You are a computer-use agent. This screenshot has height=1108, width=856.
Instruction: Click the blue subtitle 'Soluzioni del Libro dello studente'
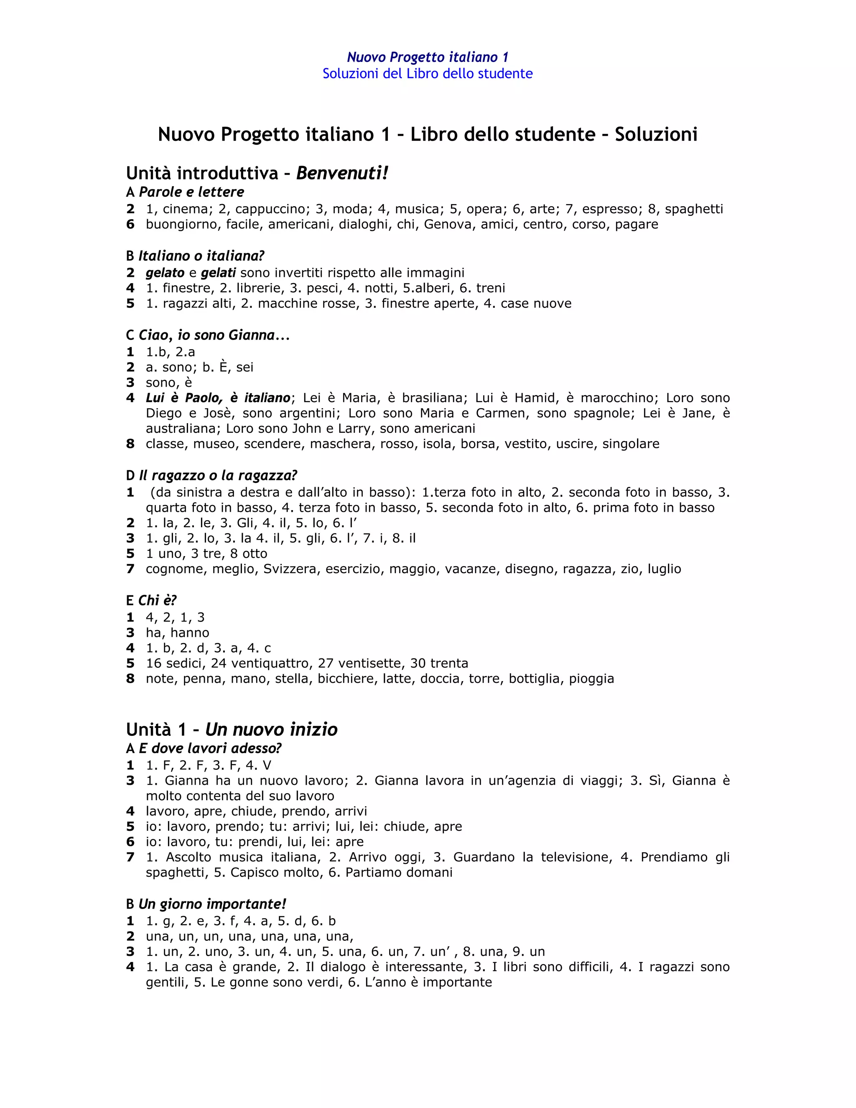tap(428, 74)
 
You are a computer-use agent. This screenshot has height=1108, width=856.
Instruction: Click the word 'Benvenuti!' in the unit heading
tap(342, 174)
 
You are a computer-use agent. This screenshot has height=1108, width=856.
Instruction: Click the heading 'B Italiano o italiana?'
tap(195, 256)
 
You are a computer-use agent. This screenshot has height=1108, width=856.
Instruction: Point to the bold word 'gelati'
tap(219, 273)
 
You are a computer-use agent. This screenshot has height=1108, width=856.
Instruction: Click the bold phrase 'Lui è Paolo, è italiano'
tap(218, 398)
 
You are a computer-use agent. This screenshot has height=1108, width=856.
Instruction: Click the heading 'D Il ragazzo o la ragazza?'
tap(211, 475)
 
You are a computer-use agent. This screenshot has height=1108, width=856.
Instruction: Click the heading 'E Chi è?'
tap(151, 601)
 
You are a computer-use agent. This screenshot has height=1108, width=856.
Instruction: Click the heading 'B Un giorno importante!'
tap(206, 904)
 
